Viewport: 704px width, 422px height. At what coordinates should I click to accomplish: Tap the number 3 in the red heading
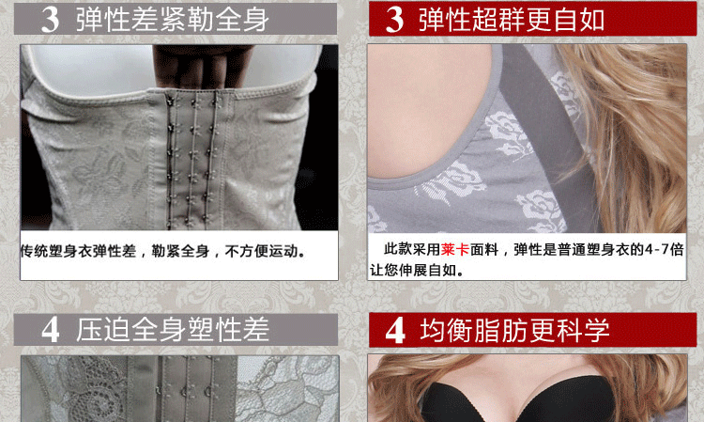(x=395, y=18)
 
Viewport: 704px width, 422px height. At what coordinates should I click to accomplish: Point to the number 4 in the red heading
(x=395, y=330)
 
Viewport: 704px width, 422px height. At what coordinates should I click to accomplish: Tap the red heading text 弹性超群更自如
(x=512, y=18)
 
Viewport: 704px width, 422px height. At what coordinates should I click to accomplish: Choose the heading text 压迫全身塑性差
(x=173, y=330)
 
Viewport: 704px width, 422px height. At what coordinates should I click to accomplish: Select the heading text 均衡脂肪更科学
(x=515, y=330)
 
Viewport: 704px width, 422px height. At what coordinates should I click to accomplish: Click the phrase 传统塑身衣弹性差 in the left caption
(x=78, y=252)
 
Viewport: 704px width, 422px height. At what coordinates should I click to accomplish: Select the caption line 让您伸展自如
(x=416, y=271)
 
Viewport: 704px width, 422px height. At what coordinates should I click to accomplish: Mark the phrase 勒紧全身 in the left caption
(x=183, y=252)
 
